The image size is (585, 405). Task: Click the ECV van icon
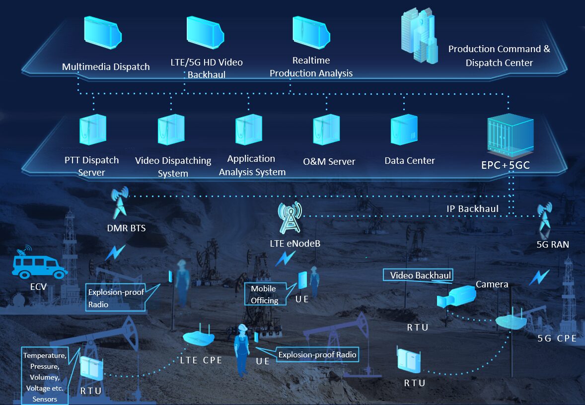click(x=39, y=265)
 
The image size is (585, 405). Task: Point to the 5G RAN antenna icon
click(x=545, y=218)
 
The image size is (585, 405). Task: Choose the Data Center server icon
click(x=404, y=130)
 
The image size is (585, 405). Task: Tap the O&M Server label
click(x=329, y=161)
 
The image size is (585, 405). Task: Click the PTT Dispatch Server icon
click(x=93, y=130)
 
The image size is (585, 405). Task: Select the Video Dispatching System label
click(x=173, y=167)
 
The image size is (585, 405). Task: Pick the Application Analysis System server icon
click(x=249, y=130)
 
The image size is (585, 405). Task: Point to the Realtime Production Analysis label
click(x=311, y=67)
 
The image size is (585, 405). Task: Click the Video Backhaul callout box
click(x=420, y=275)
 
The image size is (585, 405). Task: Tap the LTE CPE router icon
click(x=199, y=336)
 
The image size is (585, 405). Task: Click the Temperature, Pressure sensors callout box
click(x=45, y=377)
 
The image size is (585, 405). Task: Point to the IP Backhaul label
click(x=472, y=208)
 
